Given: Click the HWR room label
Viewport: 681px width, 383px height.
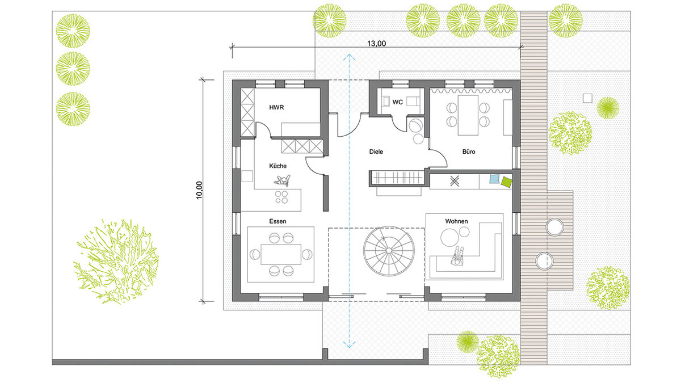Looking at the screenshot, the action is [276, 107].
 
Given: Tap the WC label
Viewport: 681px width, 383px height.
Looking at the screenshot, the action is [397, 102].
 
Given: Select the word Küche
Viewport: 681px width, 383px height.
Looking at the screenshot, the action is [278, 166].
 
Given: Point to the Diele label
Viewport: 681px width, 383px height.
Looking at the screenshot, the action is [376, 151].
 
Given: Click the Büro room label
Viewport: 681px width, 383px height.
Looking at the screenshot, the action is [469, 151].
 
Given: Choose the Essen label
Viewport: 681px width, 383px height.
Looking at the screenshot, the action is [278, 221].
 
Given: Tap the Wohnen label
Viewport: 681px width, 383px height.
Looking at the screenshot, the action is [456, 221].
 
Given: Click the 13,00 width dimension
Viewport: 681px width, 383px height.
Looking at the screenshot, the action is [376, 44].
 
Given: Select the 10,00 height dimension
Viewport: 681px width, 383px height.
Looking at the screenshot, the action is [199, 190].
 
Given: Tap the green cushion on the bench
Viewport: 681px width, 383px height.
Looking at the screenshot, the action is [506, 182].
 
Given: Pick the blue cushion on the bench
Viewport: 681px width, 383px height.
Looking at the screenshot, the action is [495, 179].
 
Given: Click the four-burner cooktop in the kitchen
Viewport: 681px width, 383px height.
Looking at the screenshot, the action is [281, 197].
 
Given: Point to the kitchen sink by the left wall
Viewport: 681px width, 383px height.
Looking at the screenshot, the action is [247, 176].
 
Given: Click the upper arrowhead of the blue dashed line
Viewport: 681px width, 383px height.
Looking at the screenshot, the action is [350, 56].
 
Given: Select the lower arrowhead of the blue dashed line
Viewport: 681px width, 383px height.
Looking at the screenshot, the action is [350, 345].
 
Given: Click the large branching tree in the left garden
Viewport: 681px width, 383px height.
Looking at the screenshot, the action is [116, 262].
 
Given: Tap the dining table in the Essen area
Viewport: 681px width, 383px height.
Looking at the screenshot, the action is [281, 254].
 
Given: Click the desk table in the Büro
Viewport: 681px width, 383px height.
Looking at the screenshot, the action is [468, 115].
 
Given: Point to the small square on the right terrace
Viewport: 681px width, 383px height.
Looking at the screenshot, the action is [587, 99].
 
